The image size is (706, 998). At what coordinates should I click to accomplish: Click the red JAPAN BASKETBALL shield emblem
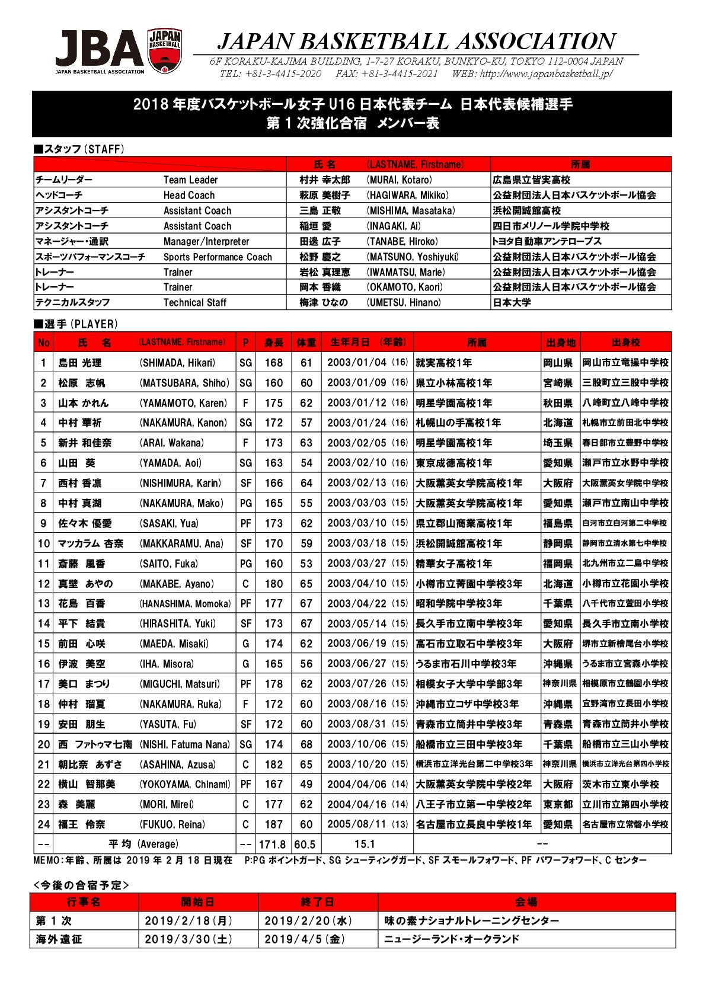point(165,51)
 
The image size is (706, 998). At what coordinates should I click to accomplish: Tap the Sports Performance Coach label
point(218,257)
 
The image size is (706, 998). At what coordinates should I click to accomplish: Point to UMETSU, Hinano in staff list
point(404,302)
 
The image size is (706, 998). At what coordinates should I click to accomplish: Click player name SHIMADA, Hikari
point(177,363)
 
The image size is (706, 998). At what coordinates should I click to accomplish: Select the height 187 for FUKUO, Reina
point(273,824)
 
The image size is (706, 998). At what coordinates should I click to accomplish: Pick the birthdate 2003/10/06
point(356,744)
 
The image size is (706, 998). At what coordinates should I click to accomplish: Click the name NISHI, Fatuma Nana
point(184,744)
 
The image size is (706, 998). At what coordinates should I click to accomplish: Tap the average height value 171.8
point(273,845)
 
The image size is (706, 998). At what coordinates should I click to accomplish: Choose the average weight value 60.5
point(305,845)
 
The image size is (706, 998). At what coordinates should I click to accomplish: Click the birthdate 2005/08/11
point(356,824)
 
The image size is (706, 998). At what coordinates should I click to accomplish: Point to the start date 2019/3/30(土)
point(189,939)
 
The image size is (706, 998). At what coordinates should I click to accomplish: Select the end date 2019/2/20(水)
point(308,920)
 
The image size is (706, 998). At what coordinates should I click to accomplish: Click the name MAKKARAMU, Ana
point(181,543)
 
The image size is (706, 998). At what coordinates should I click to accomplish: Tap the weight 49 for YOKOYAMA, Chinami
point(306,784)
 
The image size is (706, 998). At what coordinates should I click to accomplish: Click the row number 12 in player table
point(43,584)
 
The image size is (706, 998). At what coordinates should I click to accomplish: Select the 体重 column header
point(306,343)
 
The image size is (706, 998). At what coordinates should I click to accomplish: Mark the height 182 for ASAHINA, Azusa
point(273,765)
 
